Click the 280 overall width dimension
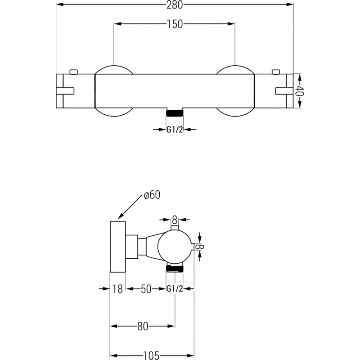(x=175, y=4)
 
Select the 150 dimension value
(x=175, y=25)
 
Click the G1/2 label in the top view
(x=175, y=130)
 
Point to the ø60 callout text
(x=152, y=195)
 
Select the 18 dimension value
(x=117, y=289)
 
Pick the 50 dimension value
(x=145, y=289)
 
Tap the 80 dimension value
(x=143, y=327)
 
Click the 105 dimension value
(x=152, y=355)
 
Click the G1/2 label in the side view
(x=175, y=289)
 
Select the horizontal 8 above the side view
(x=175, y=220)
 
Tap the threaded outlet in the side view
(x=175, y=269)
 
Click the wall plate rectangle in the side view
(x=118, y=247)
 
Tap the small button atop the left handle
(x=74, y=71)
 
